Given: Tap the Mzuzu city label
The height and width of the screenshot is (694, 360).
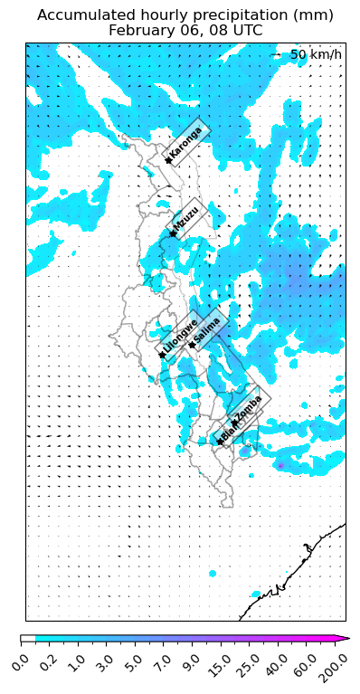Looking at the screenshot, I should (x=186, y=218).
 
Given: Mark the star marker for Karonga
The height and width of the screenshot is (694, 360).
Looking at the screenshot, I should (x=168, y=161).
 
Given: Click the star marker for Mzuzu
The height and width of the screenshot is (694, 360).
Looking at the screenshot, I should (x=172, y=234).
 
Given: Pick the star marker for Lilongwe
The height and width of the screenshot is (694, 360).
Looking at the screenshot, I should (x=162, y=355).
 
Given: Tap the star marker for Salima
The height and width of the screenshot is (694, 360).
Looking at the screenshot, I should (x=192, y=345).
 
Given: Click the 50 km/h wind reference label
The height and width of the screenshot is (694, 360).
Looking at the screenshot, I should (x=316, y=55).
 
